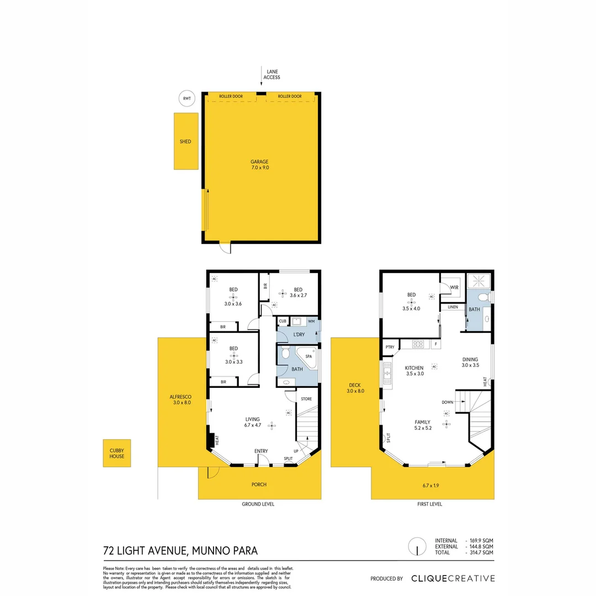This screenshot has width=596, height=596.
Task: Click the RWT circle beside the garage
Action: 187,98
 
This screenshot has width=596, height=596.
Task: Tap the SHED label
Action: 185,141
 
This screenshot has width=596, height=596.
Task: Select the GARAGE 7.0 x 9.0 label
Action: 259,164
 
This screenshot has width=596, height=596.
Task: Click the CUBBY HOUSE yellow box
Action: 117,453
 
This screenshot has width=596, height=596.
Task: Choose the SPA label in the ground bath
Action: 308,357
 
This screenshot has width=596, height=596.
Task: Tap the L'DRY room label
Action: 299,335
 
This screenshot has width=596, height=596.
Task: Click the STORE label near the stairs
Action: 306,398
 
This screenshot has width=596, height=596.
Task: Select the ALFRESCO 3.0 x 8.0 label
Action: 181,400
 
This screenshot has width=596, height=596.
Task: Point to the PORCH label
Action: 259,485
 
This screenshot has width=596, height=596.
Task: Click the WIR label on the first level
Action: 454,288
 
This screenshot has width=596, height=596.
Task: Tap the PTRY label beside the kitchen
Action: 390,347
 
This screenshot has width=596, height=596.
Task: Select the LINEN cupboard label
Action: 453,307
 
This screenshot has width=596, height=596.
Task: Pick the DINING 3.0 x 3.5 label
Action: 470,362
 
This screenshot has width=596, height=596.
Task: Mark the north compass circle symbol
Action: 417,546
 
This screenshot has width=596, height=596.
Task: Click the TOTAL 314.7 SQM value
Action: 480,552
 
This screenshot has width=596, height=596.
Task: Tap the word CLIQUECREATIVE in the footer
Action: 453,578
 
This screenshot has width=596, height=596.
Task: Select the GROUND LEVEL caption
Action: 258,504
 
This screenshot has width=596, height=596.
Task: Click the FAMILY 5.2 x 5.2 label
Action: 423,425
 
